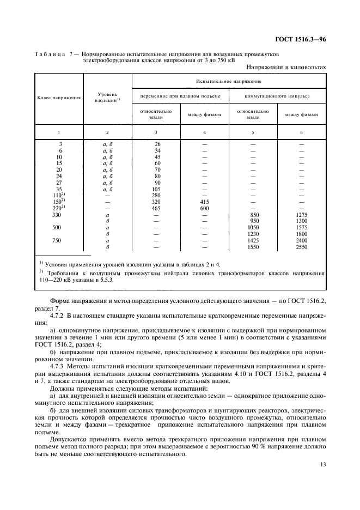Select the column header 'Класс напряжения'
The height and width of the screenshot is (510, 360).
59,98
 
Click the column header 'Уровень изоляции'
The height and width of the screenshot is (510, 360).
107,98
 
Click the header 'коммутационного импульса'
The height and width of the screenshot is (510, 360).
277,96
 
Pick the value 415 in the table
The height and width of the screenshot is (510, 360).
204,201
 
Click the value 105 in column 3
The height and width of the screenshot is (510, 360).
156,189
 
